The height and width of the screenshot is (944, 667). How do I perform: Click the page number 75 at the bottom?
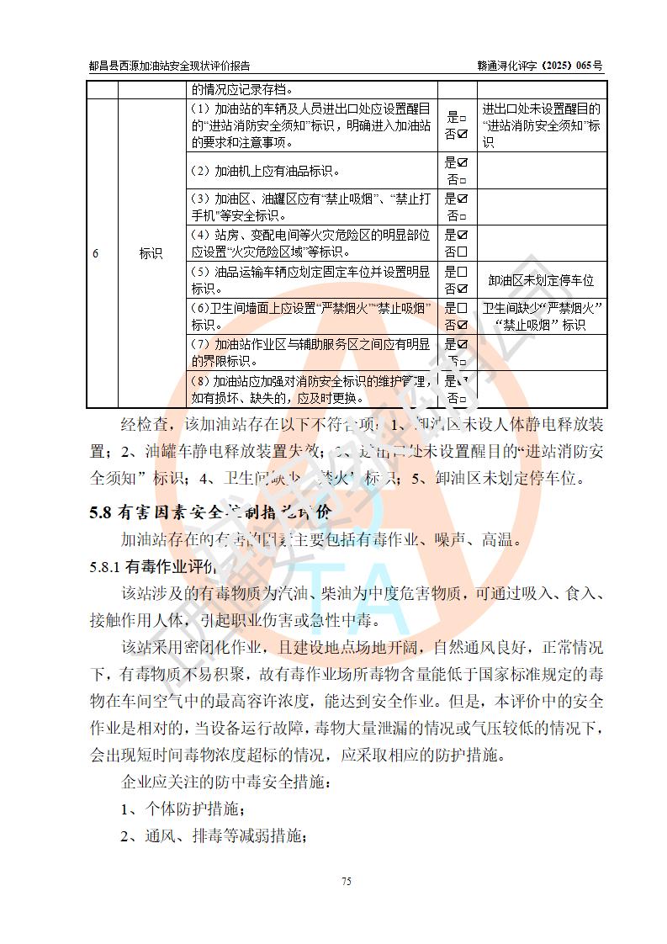pyautogui.click(x=346, y=881)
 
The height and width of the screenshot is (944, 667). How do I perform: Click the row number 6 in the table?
pyautogui.click(x=96, y=254)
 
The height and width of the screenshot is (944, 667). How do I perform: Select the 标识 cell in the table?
pyautogui.click(x=151, y=254)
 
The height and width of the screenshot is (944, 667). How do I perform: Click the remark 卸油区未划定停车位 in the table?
pyautogui.click(x=541, y=280)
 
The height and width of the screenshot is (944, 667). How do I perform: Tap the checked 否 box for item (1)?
pyautogui.click(x=462, y=134)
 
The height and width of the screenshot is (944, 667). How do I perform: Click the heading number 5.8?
pyautogui.click(x=100, y=512)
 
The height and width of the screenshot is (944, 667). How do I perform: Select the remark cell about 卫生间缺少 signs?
pyautogui.click(x=541, y=316)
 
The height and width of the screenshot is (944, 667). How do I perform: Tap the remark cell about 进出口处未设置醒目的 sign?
pyautogui.click(x=541, y=126)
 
